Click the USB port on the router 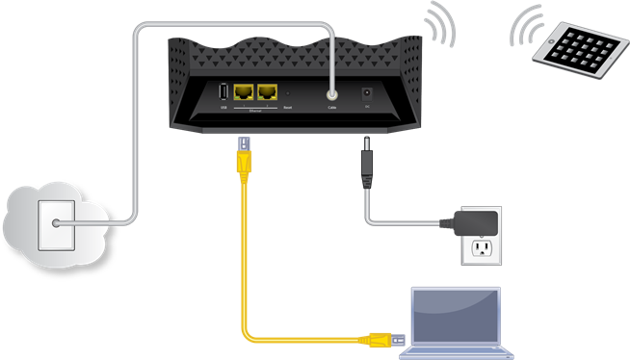223,92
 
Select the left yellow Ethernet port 243,92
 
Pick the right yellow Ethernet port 266,92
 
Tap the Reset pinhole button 288,94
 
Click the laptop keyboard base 457,349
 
